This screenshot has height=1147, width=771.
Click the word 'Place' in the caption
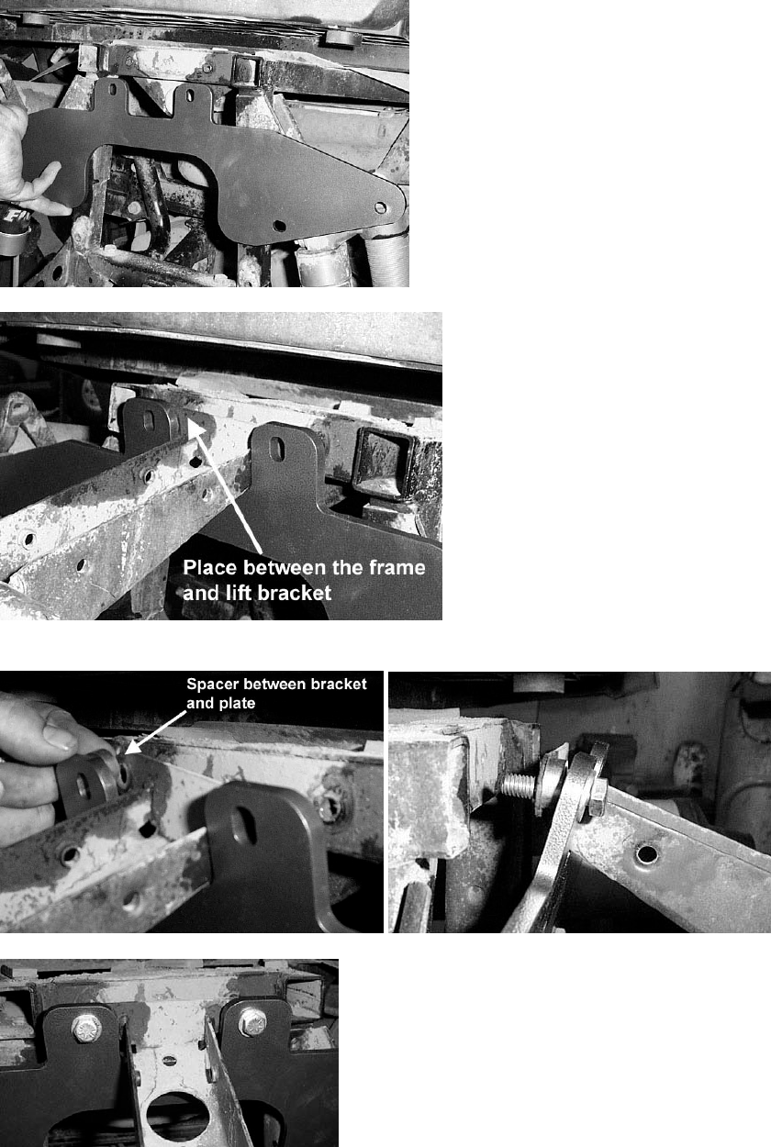pos(209,567)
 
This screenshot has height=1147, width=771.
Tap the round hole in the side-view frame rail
pos(646,852)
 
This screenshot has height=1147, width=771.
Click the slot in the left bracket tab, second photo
pos(149,421)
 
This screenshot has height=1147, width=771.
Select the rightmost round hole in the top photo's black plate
pos(380,207)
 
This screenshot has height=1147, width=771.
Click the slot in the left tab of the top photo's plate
pos(113,90)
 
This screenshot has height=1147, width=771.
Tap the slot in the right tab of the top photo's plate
pos(190,95)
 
